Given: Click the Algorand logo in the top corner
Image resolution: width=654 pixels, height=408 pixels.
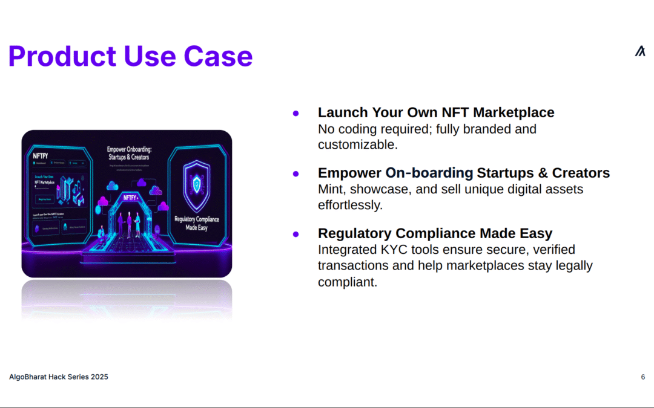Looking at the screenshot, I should point(640,51).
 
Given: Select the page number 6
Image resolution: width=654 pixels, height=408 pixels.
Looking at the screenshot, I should point(642,377).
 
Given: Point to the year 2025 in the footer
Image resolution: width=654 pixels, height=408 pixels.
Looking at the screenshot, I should point(99,377).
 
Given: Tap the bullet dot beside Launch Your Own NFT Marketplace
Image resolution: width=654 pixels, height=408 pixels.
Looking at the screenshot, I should point(296,113).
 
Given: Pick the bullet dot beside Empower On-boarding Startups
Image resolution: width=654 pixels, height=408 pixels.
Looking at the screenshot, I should point(296,173).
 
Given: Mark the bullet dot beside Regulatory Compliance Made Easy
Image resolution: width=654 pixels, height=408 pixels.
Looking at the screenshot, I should point(296,234).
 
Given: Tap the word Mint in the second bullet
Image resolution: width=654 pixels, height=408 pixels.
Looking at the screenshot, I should point(331,189).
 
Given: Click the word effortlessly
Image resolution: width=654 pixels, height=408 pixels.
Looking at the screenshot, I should point(350,205).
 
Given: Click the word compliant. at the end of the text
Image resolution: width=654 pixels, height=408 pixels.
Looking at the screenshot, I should point(348,282).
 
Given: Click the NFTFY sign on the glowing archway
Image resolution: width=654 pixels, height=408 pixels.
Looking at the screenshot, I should point(131,198).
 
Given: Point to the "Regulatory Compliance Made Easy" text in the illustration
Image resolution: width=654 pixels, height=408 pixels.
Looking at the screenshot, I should point(197,223).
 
